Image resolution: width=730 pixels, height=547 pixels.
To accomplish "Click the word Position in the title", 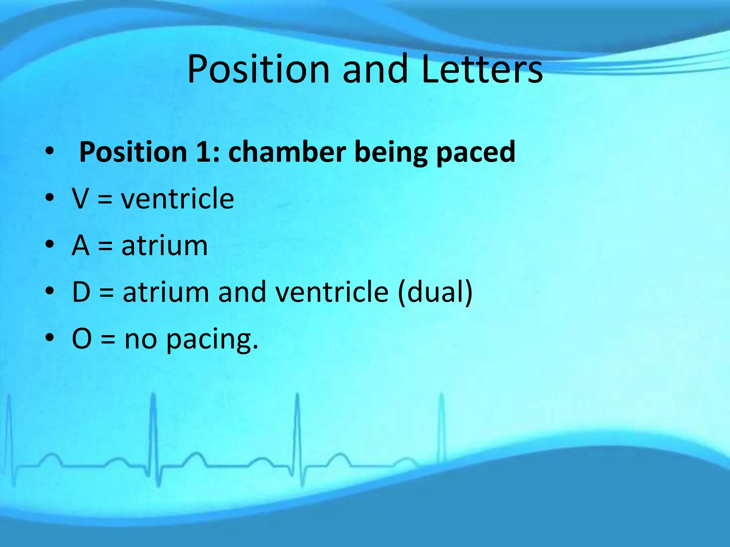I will pos(258,69).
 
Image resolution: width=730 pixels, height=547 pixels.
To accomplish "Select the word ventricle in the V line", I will pos(177,198).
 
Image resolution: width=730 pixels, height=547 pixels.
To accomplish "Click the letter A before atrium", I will pos(80,245).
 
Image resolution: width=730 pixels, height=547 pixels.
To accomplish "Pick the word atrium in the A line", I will pos(164,245).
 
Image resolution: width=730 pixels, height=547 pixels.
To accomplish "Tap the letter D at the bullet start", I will pos(81,292).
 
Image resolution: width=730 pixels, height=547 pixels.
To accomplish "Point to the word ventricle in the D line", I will pos(332,292).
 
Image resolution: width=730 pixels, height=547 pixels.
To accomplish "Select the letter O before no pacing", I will pos(82,339).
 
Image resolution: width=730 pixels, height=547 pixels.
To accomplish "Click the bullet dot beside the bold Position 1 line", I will pos(50,151).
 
